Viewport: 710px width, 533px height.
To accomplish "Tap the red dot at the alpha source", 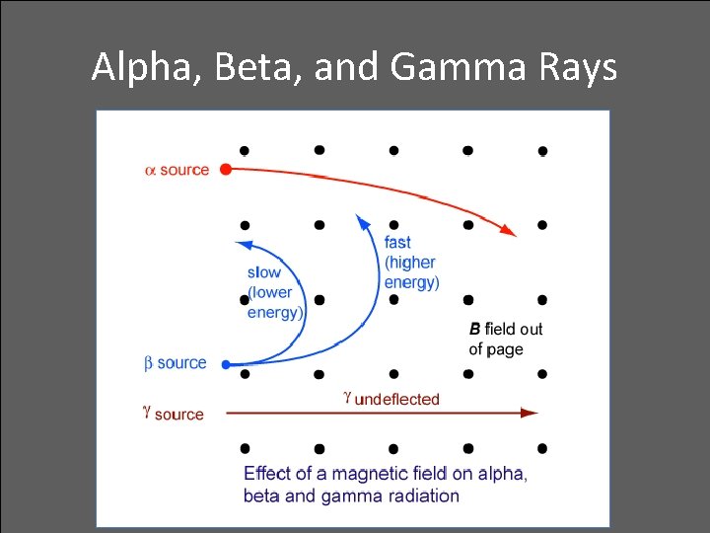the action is point(226,170).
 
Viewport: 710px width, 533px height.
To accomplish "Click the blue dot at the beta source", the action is point(226,364).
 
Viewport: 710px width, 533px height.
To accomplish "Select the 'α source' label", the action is point(177,170).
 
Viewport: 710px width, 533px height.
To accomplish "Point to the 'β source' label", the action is point(176,363).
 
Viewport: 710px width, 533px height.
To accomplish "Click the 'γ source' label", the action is point(173,415).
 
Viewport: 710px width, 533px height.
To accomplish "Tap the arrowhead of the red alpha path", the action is point(509,231).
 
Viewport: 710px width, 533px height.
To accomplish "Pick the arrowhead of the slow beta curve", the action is point(243,245).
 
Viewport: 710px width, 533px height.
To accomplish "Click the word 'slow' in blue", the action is point(264,272).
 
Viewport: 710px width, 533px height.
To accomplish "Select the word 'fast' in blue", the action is point(398,243).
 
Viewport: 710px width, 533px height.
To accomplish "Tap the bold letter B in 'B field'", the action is point(475,329).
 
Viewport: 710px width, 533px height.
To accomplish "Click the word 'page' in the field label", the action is point(504,349).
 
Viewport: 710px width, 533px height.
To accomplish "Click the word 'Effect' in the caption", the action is point(268,473).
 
